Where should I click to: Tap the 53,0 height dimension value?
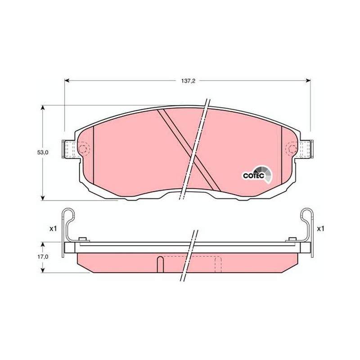pyautogui.click(x=43, y=152)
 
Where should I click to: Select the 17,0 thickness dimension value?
pyautogui.click(x=43, y=256)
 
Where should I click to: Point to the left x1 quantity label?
pyautogui.click(x=53, y=229)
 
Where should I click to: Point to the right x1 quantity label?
pyautogui.click(x=320, y=229)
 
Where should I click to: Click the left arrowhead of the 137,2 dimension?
pyautogui.click(x=67, y=81)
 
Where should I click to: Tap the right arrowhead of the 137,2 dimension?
pyautogui.click(x=308, y=81)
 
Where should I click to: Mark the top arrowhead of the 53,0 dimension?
pyautogui.click(x=42, y=108)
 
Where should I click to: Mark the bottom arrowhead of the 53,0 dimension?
pyautogui.click(x=42, y=198)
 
